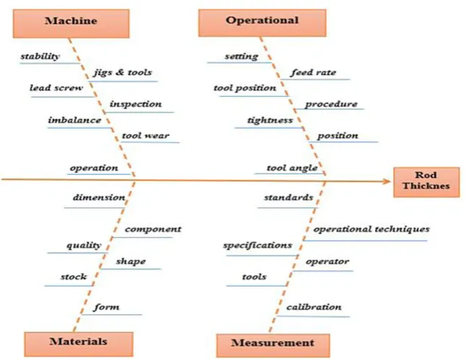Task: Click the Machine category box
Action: coord(71,23)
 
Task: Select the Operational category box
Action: coord(262,23)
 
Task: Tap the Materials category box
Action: coord(79,344)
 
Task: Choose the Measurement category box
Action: coord(273,346)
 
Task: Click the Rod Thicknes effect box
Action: coord(426,182)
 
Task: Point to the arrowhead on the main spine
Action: coord(387,181)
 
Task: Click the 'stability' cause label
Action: coord(40,56)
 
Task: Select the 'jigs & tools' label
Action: coord(123,72)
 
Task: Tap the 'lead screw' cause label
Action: coord(56,88)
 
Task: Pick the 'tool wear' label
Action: coord(145,136)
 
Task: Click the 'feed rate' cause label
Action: coord(314,72)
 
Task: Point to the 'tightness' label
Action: coord(270,121)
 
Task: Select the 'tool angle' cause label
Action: coord(292,168)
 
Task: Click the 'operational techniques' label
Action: coord(371,229)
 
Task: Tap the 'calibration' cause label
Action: coord(314,307)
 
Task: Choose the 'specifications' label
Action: coord(258,246)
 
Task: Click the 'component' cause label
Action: coord(153,229)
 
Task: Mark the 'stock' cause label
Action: coord(74,277)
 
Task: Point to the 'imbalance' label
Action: coord(74,120)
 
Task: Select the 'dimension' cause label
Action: coord(99,197)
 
